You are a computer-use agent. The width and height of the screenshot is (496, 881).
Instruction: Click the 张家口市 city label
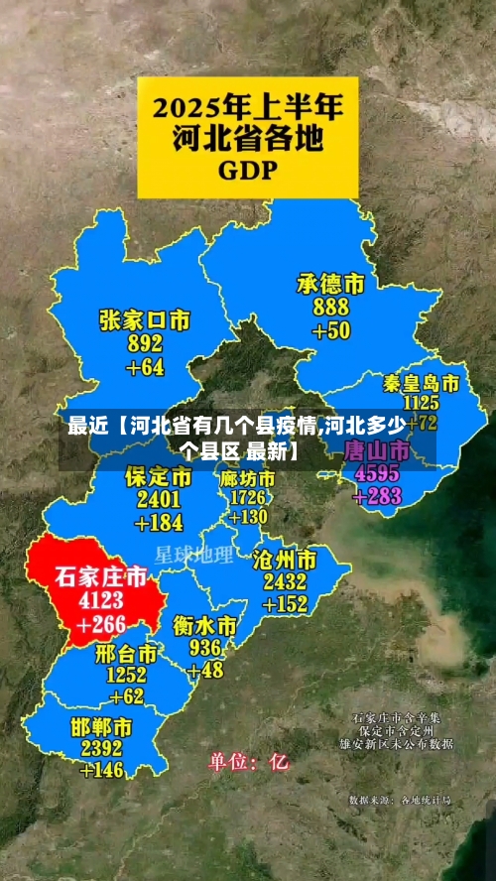click(x=145, y=319)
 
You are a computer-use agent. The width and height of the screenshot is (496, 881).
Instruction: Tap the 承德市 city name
click(x=330, y=284)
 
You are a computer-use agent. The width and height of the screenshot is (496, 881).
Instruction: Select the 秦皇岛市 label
click(x=421, y=383)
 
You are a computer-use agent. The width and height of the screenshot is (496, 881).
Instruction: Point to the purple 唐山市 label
click(x=375, y=450)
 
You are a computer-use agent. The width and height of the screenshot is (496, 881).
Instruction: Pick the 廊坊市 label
click(x=248, y=477)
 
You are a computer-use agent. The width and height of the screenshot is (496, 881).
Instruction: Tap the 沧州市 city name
click(x=285, y=558)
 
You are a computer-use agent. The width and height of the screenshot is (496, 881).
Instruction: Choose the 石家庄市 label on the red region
click(x=100, y=576)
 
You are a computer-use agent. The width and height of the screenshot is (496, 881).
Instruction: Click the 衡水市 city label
click(x=205, y=626)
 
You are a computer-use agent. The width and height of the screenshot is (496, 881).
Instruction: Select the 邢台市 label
click(x=127, y=654)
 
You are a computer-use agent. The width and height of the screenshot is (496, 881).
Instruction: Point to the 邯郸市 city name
click(x=102, y=726)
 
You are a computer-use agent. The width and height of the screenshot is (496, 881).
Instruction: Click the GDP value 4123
click(x=101, y=600)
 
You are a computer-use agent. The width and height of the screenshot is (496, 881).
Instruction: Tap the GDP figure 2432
click(x=285, y=581)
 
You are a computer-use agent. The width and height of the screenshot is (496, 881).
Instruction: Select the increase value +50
click(x=331, y=330)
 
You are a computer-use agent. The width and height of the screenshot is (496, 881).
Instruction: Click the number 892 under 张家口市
click(x=145, y=343)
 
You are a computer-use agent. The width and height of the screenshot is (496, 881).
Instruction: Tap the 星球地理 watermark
click(x=194, y=554)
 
